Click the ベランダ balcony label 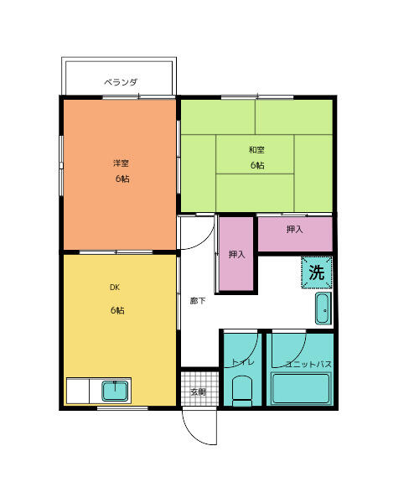pyautogui.click(x=121, y=82)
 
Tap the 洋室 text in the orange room pyautogui.click(x=122, y=163)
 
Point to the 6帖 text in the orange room pyautogui.click(x=122, y=179)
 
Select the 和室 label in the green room pyautogui.click(x=256, y=149)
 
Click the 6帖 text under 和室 pyautogui.click(x=256, y=165)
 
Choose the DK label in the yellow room pyautogui.click(x=116, y=287)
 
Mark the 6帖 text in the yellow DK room pyautogui.click(x=116, y=311)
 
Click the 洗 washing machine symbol pyautogui.click(x=317, y=272)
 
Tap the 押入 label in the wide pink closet pyautogui.click(x=294, y=229)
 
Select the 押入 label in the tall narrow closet pyautogui.click(x=237, y=254)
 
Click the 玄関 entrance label pyautogui.click(x=198, y=392)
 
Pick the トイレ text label pyautogui.click(x=242, y=363)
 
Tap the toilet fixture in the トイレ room pyautogui.click(x=242, y=389)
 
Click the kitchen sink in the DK pyautogui.click(x=115, y=391)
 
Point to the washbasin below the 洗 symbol pyautogui.click(x=323, y=308)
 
